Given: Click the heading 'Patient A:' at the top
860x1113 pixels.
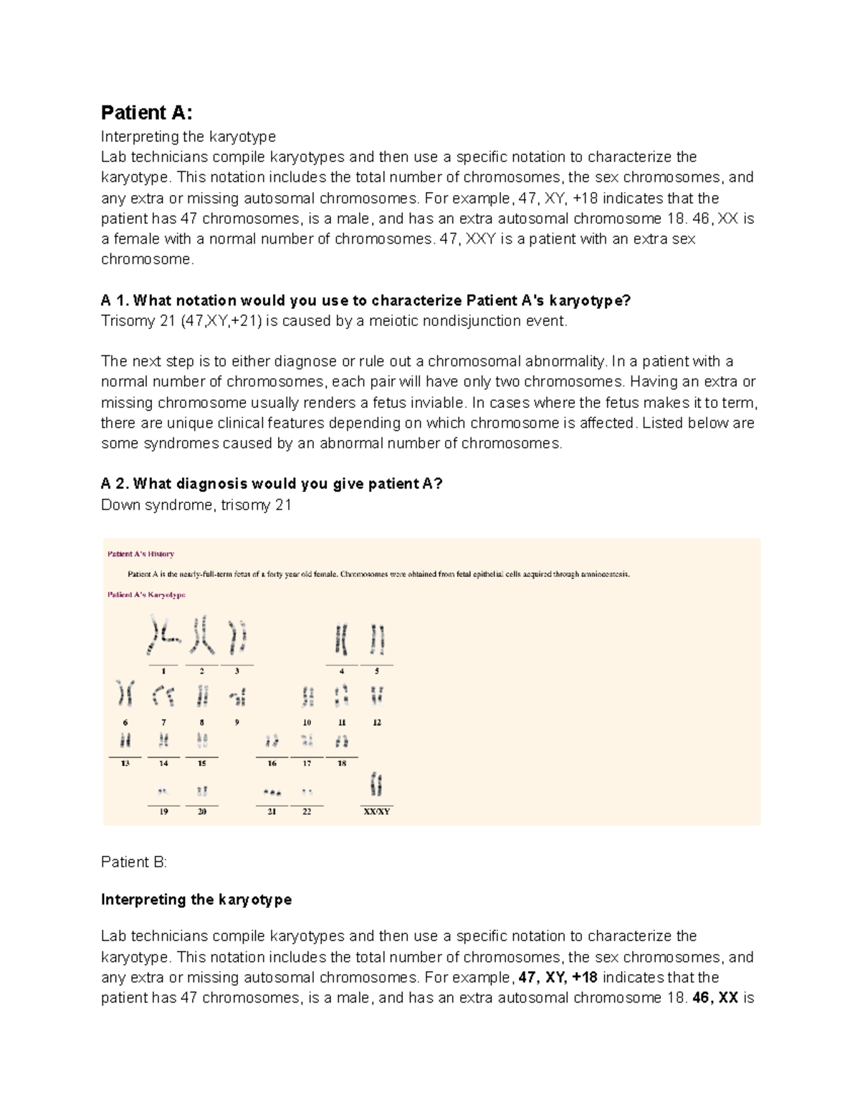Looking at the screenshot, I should pyautogui.click(x=146, y=113).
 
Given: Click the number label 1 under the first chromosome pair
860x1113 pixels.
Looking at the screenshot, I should pyautogui.click(x=164, y=672).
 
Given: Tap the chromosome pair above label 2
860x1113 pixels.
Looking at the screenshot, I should pyautogui.click(x=201, y=635).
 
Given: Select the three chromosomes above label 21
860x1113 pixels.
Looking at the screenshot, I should pyautogui.click(x=272, y=793).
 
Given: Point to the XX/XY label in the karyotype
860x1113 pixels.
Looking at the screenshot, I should pyautogui.click(x=377, y=812).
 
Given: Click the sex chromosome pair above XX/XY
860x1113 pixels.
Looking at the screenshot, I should pyautogui.click(x=376, y=784).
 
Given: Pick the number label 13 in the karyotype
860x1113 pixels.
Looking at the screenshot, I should pyautogui.click(x=125, y=764).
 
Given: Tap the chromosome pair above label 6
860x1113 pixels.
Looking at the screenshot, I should pyautogui.click(x=125, y=694).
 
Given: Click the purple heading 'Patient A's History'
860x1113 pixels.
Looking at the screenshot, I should pyautogui.click(x=140, y=554).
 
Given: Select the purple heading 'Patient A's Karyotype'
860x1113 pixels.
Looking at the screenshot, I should pyautogui.click(x=146, y=595).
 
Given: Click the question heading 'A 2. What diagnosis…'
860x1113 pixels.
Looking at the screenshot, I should pyautogui.click(x=272, y=484).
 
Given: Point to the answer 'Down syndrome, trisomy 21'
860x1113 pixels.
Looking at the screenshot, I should pyautogui.click(x=196, y=505).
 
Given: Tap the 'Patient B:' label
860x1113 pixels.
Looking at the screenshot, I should pyautogui.click(x=133, y=862).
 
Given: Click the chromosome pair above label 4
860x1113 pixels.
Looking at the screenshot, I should pyautogui.click(x=341, y=639).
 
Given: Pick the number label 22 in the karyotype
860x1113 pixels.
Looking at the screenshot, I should pyautogui.click(x=307, y=812).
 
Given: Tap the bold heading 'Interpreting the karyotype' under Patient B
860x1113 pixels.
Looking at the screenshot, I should pyautogui.click(x=196, y=899).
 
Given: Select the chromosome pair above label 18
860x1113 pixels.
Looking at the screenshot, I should pyautogui.click(x=342, y=741).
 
